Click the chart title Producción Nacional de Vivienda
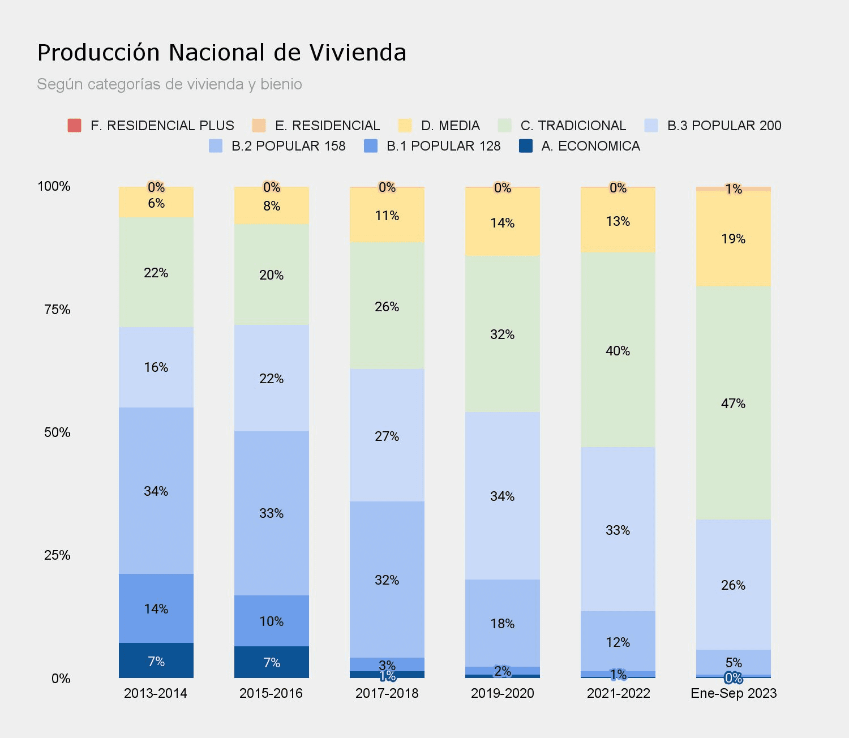coord(221,53)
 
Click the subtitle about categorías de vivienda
coord(169,84)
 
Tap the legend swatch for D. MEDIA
coord(405,126)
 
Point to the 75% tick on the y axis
coord(57,310)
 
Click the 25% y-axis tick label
coord(57,555)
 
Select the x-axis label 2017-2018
coord(387,693)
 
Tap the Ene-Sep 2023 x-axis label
coord(734,693)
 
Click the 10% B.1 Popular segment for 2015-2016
coord(272,621)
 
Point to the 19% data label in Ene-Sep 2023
coord(734,239)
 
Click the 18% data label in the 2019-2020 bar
coord(503,624)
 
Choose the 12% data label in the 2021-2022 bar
coord(618,642)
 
